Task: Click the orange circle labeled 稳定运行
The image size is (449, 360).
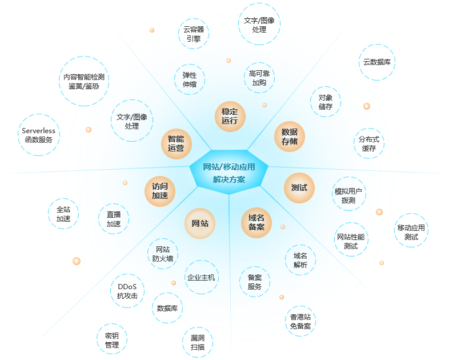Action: click(230, 116)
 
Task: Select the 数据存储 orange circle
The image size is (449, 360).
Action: click(290, 137)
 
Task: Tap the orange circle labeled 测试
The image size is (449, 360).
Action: click(299, 187)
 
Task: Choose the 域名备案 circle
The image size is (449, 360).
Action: click(256, 222)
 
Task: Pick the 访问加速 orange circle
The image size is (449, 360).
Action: click(160, 191)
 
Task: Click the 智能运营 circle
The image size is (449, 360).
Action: click(177, 143)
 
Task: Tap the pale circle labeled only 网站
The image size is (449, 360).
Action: click(200, 223)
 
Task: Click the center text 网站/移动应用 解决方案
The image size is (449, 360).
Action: click(229, 173)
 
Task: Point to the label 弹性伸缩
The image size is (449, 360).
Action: click(190, 79)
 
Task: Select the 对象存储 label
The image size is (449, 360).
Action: click(326, 102)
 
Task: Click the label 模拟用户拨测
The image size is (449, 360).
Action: click(348, 196)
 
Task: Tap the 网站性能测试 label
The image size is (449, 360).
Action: click(351, 241)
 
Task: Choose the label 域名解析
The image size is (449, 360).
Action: click(300, 260)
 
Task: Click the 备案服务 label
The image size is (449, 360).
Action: click(255, 282)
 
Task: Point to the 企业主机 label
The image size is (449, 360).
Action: click(201, 278)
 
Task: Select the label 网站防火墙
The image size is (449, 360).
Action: click(163, 254)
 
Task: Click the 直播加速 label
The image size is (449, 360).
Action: click(114, 219)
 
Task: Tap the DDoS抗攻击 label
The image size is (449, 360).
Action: click(127, 291)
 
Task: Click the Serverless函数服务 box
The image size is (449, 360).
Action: click(39, 135)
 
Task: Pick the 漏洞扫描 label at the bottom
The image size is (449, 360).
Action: click(198, 343)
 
